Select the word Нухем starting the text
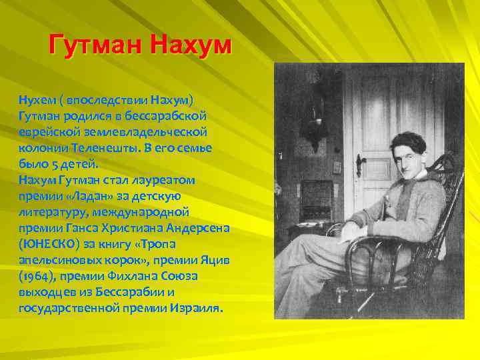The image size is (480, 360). tap(37, 100)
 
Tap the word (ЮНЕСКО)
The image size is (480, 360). tap(45, 244)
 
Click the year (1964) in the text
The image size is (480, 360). tap(36, 276)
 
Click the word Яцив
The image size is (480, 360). tap(215, 260)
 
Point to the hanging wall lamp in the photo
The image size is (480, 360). tap(313, 127)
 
